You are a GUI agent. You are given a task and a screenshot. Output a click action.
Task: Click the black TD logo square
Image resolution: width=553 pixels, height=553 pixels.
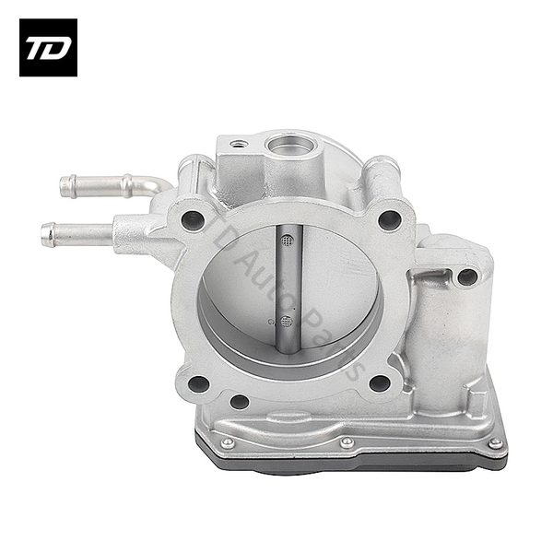48,47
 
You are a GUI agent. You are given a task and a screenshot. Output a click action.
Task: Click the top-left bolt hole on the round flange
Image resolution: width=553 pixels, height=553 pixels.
193,219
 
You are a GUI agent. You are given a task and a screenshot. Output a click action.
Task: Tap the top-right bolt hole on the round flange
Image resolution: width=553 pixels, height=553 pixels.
390,220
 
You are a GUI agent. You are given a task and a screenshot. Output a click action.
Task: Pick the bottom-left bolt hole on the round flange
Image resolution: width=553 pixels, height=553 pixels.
196,383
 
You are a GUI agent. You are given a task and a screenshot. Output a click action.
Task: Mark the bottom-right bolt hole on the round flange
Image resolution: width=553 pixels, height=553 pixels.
378,383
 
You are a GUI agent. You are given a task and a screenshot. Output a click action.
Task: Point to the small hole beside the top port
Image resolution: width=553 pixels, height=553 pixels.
239,145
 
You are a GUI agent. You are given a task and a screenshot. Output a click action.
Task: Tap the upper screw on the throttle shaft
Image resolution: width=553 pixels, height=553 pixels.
287,241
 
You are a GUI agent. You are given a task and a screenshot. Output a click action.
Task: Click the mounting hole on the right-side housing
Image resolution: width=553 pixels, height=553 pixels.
467,276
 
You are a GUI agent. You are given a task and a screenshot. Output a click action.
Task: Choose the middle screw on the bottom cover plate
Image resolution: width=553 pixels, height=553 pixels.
347,442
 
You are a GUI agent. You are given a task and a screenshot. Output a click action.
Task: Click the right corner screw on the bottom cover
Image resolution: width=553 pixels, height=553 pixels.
495,443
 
